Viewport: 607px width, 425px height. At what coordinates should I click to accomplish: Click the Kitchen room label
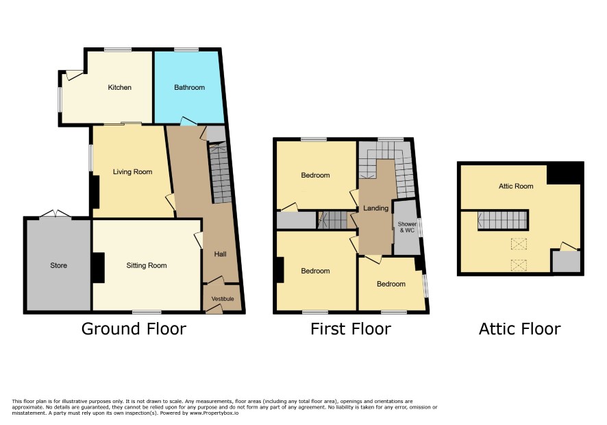[x=120, y=88]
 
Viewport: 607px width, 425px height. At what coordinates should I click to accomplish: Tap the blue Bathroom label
[x=189, y=88]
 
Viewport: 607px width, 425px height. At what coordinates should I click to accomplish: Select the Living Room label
[x=132, y=171]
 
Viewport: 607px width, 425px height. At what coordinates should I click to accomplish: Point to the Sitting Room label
[x=147, y=265]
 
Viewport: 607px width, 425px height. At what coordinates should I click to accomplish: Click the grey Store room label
[x=58, y=265]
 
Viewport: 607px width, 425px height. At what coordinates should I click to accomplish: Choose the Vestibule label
[x=223, y=299]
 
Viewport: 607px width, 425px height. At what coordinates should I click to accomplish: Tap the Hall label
[x=221, y=254]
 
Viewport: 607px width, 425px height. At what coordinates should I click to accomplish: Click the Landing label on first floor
[x=375, y=208]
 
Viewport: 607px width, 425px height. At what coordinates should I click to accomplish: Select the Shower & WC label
[x=407, y=227]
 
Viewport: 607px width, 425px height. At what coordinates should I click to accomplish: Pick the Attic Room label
[x=516, y=186]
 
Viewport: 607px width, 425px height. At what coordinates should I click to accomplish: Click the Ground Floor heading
[x=134, y=329]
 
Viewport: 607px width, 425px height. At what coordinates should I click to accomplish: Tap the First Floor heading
[x=351, y=329]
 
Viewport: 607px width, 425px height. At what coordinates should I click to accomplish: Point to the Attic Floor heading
[x=519, y=329]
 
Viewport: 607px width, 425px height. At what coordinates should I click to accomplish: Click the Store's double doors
[x=55, y=213]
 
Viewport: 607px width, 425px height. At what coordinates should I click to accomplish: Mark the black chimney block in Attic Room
[x=565, y=173]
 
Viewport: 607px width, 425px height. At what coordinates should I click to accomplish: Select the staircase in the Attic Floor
[x=503, y=221]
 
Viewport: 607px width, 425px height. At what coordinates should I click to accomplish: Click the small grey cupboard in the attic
[x=566, y=261]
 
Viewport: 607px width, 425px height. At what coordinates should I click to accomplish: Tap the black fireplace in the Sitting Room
[x=99, y=267]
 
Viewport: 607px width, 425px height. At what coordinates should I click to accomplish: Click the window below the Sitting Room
[x=147, y=312]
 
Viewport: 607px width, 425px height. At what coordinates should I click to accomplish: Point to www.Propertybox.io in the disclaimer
[x=214, y=413]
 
